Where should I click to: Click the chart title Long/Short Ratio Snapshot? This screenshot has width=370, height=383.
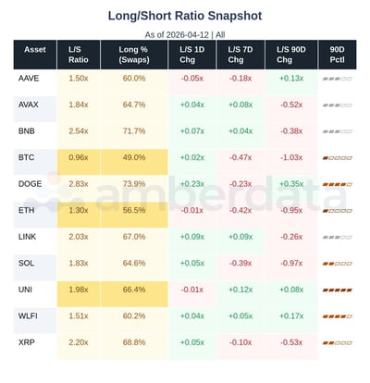click(x=184, y=16)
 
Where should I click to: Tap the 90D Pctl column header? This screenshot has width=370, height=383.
click(x=336, y=55)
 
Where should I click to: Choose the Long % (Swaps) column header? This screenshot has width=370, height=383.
click(x=134, y=55)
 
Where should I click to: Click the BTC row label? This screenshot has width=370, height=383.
click(x=28, y=157)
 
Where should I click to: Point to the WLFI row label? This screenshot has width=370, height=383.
click(x=30, y=315)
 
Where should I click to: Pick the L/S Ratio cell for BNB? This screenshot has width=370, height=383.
click(x=79, y=131)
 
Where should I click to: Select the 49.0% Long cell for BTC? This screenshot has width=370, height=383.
click(x=134, y=157)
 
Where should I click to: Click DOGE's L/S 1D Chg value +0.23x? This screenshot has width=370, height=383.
click(x=192, y=184)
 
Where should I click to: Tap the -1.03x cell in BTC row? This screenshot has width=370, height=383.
click(x=291, y=157)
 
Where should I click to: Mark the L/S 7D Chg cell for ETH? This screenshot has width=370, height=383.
click(x=241, y=210)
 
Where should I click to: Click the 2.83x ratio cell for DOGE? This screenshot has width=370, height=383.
click(x=79, y=184)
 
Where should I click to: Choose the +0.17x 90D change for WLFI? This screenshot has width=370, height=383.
click(x=291, y=315)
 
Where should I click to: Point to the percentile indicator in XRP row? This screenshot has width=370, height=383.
click(x=336, y=342)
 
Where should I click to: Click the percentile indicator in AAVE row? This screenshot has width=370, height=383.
click(x=336, y=79)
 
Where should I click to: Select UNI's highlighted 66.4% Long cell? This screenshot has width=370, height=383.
click(x=134, y=290)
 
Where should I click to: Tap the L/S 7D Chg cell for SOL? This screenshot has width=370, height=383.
click(x=241, y=263)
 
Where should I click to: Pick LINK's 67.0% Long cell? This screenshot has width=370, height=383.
click(x=134, y=237)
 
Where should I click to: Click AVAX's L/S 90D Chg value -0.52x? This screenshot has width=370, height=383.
click(x=291, y=105)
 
